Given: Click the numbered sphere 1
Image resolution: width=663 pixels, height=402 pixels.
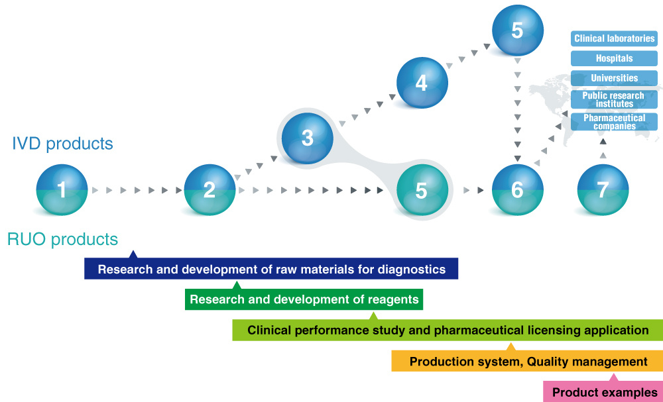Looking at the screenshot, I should click(62, 190).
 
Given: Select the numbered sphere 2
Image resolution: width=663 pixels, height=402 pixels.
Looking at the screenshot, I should click(210, 190).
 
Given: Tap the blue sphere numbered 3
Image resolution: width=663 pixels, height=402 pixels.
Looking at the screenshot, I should click(307, 138).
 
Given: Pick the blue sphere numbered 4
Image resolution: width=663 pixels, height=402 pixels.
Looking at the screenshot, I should click(422, 83).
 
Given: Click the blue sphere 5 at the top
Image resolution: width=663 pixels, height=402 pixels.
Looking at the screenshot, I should click(518, 30).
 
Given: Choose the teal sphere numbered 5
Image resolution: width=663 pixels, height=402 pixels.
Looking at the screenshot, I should click(422, 190).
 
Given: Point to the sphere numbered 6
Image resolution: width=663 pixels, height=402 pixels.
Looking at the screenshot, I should click(518, 190).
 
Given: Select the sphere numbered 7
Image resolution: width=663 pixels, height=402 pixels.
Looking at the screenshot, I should click(603, 190).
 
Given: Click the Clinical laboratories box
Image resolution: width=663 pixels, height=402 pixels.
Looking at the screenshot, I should click(614, 39).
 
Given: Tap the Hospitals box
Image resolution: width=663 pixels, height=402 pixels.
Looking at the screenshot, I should click(614, 58).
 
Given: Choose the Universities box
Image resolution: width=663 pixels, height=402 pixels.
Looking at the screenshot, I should click(614, 78).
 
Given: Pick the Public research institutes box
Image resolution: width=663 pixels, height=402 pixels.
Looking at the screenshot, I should click(614, 100).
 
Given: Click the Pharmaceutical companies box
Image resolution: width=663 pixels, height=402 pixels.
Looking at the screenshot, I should click(614, 122).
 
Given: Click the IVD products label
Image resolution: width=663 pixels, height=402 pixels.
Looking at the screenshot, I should click(62, 144).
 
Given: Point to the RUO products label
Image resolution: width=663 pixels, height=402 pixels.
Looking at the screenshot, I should click(62, 239).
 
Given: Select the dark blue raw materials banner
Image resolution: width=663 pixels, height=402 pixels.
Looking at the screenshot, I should click(271, 270).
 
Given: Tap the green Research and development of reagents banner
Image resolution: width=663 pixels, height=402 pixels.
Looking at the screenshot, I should click(304, 300).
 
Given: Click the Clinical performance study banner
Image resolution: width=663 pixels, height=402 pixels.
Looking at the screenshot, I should click(448, 330).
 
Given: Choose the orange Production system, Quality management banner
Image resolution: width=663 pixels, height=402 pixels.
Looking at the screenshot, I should click(527, 362).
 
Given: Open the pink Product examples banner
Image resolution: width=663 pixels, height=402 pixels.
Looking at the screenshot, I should click(603, 392).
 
